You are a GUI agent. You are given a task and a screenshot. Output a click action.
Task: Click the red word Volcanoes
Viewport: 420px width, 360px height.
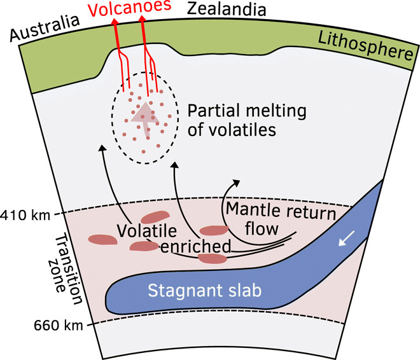click(129, 8)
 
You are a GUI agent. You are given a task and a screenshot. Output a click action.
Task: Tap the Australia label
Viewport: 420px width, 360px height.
click(45, 28)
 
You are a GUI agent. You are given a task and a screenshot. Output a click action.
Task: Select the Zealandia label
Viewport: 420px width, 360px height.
click(227, 9)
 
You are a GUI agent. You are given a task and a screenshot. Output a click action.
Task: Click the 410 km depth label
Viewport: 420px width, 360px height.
click(25, 215)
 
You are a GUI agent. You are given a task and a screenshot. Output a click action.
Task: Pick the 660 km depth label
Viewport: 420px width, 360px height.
click(58, 326)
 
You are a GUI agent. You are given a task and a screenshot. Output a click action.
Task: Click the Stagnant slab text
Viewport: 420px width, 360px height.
click(205, 291)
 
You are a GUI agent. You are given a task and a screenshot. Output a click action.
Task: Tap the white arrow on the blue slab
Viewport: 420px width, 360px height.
click(347, 238)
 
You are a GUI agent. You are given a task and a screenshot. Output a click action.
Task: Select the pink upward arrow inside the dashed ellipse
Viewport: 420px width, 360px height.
click(145, 119)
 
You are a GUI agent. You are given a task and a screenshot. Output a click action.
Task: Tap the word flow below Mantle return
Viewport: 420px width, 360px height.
click(262, 229)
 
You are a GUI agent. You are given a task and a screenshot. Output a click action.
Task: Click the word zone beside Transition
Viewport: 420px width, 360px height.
click(57, 276)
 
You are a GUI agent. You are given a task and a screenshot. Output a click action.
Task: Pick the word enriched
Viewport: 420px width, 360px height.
click(195, 246)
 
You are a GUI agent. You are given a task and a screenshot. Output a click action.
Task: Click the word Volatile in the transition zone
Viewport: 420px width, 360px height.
click(147, 231)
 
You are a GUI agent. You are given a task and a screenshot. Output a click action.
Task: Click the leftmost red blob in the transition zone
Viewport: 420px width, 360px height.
click(103, 240)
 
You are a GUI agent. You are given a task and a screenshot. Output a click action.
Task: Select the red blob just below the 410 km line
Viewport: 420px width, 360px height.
click(155, 217)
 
